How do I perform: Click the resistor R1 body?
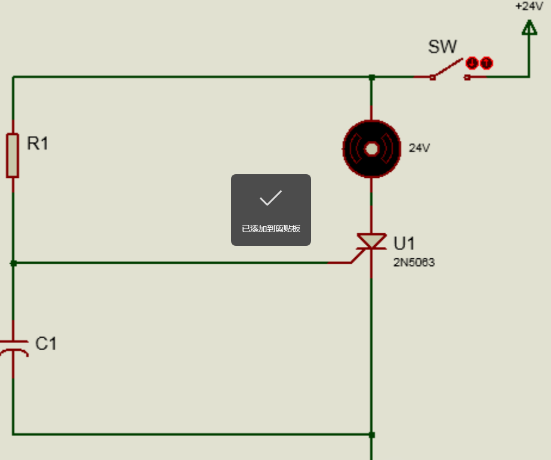(x=13, y=155)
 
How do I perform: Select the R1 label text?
(x=38, y=143)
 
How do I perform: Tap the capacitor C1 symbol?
(x=13, y=348)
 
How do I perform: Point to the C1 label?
(x=46, y=344)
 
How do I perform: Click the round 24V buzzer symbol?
(x=372, y=149)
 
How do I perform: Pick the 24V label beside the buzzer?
(x=419, y=148)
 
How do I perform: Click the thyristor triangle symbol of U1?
(x=371, y=241)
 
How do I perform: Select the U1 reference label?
(x=404, y=243)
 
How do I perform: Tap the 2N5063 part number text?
(x=414, y=263)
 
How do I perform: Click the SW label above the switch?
(x=442, y=47)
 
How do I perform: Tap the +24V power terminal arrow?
(x=530, y=27)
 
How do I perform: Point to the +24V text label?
(x=530, y=6)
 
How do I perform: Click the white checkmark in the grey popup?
(x=270, y=197)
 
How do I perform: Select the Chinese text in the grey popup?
(x=271, y=229)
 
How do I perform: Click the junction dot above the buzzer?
(x=372, y=77)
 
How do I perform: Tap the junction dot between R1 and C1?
(x=13, y=263)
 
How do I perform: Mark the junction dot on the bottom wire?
(x=372, y=435)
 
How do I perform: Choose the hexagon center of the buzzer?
(x=372, y=149)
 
